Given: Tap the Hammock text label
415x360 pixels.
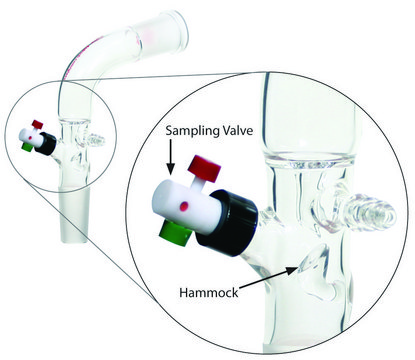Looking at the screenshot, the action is pos(209,292).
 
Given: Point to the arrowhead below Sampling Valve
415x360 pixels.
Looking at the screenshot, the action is pos(170,169).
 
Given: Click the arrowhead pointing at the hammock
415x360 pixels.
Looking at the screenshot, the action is pos(292,270).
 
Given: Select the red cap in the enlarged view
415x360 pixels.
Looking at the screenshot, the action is pos(204,169).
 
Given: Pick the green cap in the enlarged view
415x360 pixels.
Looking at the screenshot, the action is pos(175,234).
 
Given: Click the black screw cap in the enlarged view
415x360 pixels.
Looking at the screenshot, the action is pos(227,223).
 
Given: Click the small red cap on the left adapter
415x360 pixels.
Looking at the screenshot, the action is pos(38,124).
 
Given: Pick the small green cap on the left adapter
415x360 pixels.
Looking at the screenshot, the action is pos(27,147).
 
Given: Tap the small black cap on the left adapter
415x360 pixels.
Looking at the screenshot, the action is pos(46,144).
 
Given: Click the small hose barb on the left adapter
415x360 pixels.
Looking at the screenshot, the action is pos(96,140).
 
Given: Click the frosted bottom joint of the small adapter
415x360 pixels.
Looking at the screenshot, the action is pos(74,213).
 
